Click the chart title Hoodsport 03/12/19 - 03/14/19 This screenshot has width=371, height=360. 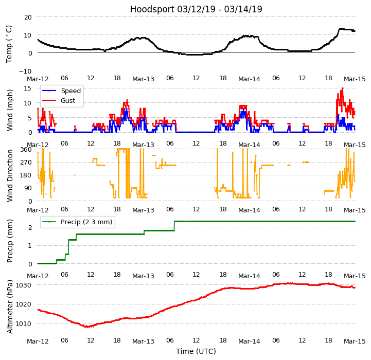pos(196,9)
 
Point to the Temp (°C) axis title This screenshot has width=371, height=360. pos(9,44)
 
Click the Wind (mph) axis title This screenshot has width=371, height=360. pos(10,109)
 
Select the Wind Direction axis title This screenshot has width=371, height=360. pos(10,175)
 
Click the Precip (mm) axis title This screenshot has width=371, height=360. pos(10,241)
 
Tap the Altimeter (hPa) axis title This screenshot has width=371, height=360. pos(10,306)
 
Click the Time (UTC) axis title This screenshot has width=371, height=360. pos(196,351)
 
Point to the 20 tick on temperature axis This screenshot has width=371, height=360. pos(27,17)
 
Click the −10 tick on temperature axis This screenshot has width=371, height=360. pos(25,71)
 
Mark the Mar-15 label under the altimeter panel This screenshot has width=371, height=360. pos(355,341)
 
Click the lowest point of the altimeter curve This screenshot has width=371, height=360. pos(88,327)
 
